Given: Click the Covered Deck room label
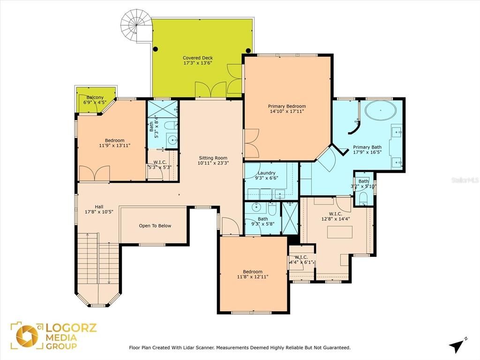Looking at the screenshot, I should coord(197,58).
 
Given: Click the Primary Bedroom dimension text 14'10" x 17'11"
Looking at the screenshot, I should coord(286,112).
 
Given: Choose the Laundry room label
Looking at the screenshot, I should coord(266,173).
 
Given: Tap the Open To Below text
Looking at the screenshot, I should coord(155,226).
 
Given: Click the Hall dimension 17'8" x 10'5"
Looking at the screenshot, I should coord(99,212).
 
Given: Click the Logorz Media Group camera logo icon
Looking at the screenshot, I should coord(27,336).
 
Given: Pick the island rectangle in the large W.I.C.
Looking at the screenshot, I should coord(339,232).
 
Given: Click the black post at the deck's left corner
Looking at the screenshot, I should coord(156,49).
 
